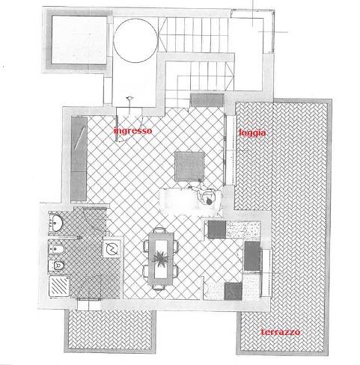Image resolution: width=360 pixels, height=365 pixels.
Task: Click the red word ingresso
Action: [132, 131]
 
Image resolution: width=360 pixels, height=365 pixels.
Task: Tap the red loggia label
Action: [252, 132]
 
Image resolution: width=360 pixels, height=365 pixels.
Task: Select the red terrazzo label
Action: [281, 332]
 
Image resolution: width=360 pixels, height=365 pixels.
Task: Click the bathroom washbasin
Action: [56, 223]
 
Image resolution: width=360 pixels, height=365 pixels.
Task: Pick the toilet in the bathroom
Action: [56, 266]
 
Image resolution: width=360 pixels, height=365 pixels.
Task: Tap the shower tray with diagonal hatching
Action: [59, 286]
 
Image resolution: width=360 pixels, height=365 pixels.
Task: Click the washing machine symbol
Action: [112, 248]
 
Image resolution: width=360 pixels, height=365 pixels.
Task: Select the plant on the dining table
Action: [160, 258]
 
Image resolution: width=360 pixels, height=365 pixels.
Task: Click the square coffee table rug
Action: [189, 166]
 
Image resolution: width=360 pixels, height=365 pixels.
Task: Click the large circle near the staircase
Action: [135, 40]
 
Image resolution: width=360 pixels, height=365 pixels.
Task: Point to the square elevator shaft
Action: [79, 40]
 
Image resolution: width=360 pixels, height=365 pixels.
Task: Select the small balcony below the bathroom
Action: [110, 331]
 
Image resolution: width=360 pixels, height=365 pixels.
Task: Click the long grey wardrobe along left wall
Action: [79, 159]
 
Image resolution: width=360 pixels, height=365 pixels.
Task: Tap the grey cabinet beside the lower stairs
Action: [207, 100]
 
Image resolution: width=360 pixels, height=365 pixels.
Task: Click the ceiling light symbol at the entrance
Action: [129, 99]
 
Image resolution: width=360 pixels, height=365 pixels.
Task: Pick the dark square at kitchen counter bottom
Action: [233, 291]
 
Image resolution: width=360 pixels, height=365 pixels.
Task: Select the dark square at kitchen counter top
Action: [217, 230]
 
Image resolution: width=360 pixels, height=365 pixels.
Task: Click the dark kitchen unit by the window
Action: [252, 256]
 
